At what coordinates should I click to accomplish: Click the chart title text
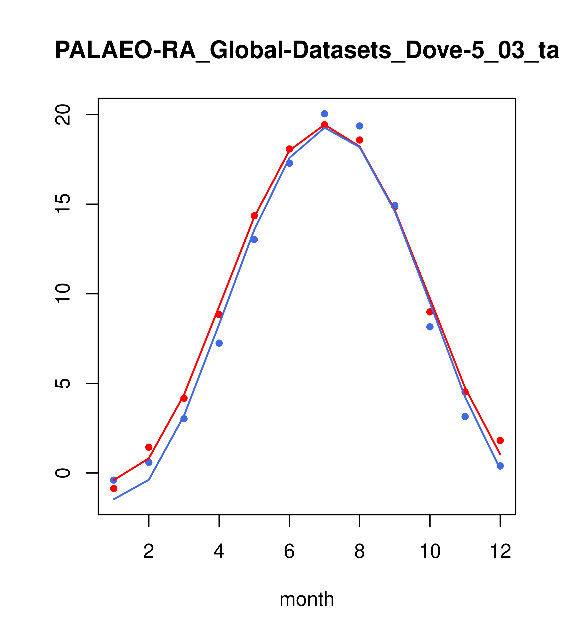click(307, 51)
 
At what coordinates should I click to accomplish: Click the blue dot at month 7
click(325, 114)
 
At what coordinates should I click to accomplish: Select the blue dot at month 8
click(359, 126)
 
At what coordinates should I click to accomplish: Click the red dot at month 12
click(500, 440)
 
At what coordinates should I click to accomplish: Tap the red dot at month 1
click(114, 488)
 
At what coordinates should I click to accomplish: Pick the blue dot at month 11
click(465, 416)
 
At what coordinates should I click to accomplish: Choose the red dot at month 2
click(149, 447)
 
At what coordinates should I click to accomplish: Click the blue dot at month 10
click(430, 327)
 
